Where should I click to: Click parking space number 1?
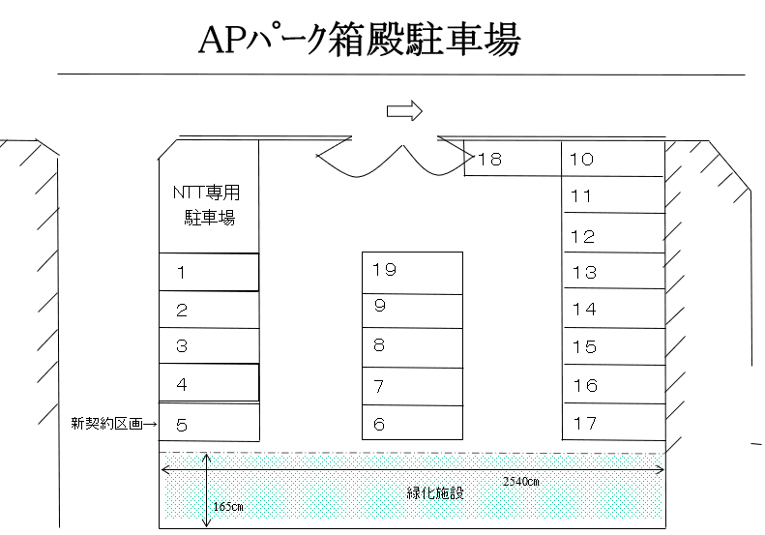pos(209,272)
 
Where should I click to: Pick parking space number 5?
pos(209,422)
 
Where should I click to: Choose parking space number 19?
pos(412,271)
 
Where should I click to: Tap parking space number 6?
pos(412,422)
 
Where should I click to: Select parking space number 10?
pos(613,159)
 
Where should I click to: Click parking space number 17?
pos(613,422)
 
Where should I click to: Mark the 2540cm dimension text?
pos(519,481)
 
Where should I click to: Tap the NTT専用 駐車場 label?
pos(206,204)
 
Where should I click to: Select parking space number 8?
pos(412,346)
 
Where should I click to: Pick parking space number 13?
pos(613,273)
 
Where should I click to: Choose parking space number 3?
pos(209,345)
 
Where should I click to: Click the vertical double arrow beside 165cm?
pos(206,490)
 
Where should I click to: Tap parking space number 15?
pos(613,347)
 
